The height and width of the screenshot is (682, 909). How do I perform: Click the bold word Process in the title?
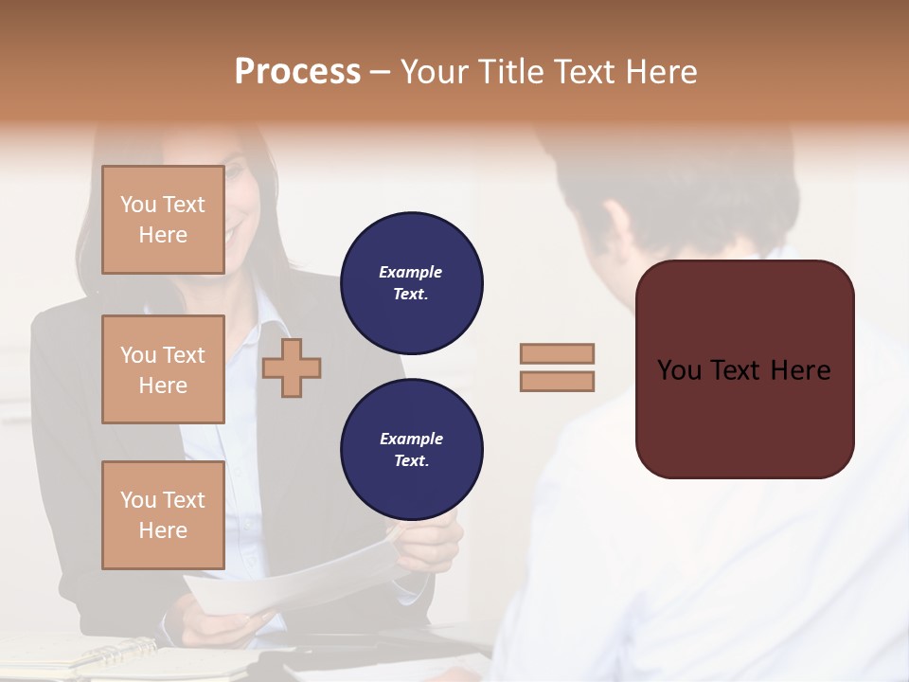point(297,72)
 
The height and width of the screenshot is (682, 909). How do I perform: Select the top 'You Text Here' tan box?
point(163,220)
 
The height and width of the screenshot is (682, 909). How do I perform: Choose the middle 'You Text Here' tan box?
point(163,369)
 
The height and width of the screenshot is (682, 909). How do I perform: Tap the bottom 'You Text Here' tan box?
point(163,514)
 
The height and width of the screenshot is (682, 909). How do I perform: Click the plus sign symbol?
point(292,367)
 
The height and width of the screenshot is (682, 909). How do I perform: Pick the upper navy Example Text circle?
point(411,283)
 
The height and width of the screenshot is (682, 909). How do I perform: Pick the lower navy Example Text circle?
point(411,450)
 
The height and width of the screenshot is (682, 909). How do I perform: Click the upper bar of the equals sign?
point(557,354)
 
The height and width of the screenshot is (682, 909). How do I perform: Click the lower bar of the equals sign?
point(557,381)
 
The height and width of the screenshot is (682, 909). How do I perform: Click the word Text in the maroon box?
point(743,370)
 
